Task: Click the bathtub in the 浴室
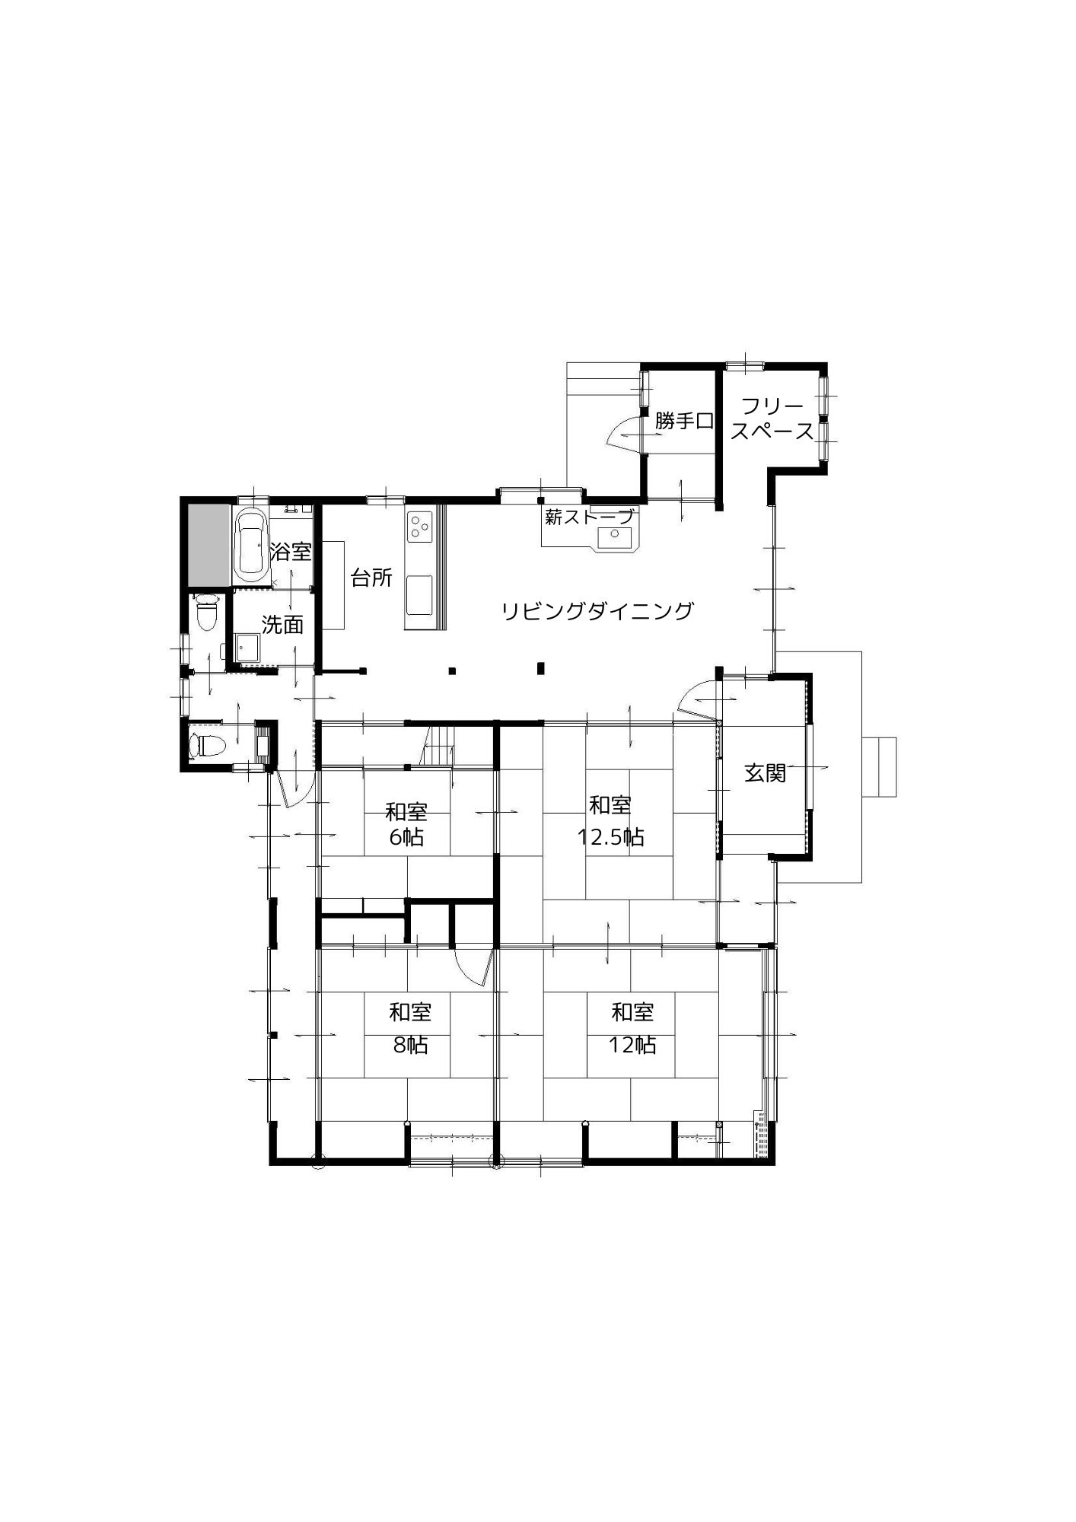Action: (x=250, y=545)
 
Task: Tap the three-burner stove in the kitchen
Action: (x=419, y=526)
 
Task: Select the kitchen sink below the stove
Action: (x=419, y=594)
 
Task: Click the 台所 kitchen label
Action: (x=371, y=578)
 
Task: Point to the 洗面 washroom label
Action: (x=282, y=625)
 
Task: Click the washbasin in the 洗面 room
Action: (x=246, y=648)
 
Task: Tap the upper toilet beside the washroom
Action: (x=205, y=613)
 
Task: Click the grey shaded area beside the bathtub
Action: (x=209, y=544)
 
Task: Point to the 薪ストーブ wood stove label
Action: (x=589, y=517)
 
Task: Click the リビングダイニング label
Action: (x=597, y=610)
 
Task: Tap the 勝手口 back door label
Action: (x=684, y=420)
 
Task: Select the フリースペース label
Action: (x=772, y=419)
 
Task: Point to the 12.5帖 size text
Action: (x=610, y=838)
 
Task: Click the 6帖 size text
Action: (x=406, y=838)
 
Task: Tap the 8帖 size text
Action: (x=410, y=1046)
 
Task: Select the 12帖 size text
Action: (x=632, y=1046)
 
